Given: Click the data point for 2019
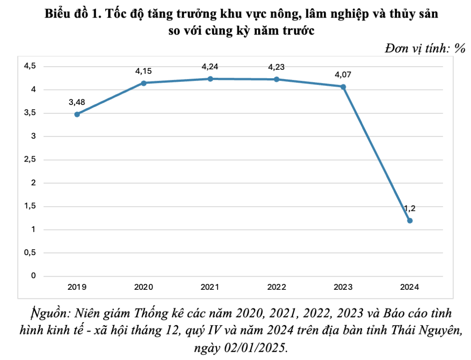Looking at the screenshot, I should (77, 114).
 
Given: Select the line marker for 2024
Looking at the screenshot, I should (410, 220).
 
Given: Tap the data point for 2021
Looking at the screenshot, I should (210, 79).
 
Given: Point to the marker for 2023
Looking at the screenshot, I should (343, 86).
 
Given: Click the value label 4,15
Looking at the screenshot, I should (144, 71).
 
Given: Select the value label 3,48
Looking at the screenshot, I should (77, 103).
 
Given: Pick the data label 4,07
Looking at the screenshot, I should (343, 75).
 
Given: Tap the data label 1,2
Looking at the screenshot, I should (410, 208).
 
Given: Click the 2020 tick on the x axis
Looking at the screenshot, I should (144, 287).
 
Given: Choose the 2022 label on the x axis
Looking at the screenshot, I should (277, 287).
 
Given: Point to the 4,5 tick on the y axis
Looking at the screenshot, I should (30, 67).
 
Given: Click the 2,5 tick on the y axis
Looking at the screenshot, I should (30, 160).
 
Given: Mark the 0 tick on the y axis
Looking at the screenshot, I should (33, 276).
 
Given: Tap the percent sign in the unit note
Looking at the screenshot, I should (459, 49).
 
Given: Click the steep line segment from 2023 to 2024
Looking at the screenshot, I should (377, 153).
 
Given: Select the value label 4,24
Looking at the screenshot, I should (210, 67).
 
